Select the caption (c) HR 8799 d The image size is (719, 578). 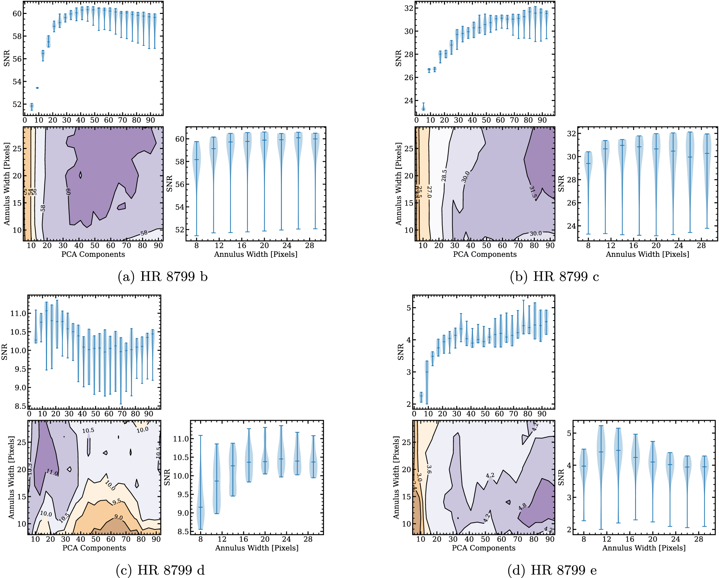(x=160, y=570)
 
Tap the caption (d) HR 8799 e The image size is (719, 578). (x=552, y=570)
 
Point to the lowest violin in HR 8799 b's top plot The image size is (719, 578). (x=32, y=107)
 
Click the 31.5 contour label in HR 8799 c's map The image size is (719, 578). (x=532, y=192)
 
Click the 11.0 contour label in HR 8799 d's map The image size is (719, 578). (x=52, y=472)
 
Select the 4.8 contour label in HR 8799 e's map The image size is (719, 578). (x=523, y=507)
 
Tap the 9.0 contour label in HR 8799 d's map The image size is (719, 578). (x=118, y=517)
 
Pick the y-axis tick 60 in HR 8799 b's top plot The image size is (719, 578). (x=17, y=14)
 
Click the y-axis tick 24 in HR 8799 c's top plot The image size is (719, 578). (x=409, y=101)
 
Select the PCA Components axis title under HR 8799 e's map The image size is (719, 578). (x=483, y=548)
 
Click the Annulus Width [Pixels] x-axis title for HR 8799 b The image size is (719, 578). (x=255, y=255)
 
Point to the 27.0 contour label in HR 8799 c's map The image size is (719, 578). (x=429, y=192)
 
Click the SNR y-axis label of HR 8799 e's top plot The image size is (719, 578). (x=401, y=352)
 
